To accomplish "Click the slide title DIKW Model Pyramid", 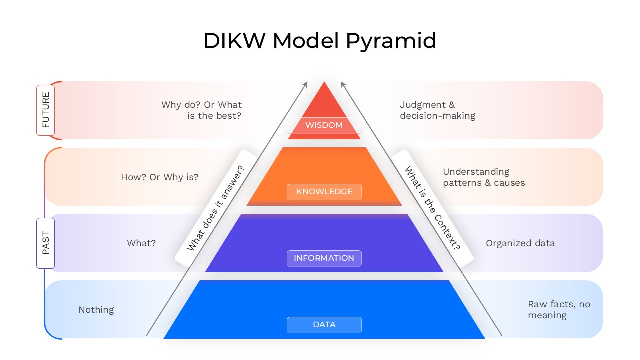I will point(320,41).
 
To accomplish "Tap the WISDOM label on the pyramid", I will point(324,125).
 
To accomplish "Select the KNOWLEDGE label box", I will point(324,192).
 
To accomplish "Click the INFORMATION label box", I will point(324,258).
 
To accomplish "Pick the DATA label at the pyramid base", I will point(324,325).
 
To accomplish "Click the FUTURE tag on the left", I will point(45,110).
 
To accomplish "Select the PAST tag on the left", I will point(45,243).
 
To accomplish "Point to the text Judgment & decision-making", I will point(437,110).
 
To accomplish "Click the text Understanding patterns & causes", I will point(483,177).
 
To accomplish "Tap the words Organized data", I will point(520,243).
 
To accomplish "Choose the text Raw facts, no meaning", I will point(558,310).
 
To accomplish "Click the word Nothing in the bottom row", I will point(96,310).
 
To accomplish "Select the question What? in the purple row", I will point(141,243).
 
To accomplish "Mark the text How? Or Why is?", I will point(159,177).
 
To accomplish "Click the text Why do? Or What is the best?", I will point(202,110).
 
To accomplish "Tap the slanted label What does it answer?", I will point(216,208).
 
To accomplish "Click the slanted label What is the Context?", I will point(432,208).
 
